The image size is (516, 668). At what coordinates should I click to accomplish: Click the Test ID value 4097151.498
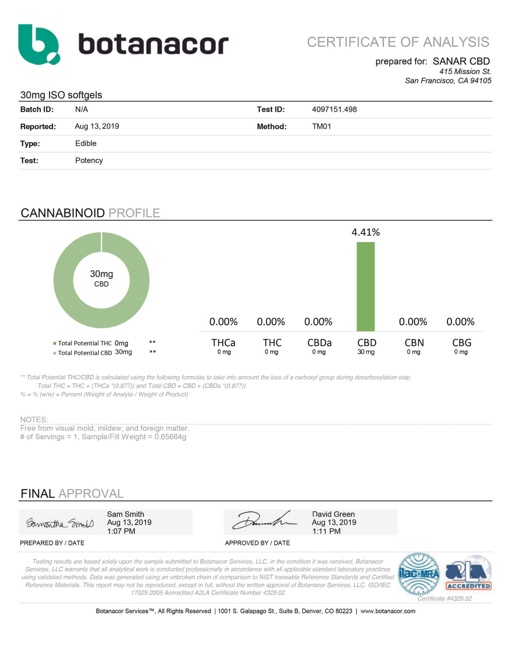(x=334, y=109)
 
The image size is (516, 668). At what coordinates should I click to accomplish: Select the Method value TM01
(x=321, y=126)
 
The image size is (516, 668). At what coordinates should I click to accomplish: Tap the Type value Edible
(x=86, y=143)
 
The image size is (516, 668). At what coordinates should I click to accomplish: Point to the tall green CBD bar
(x=365, y=286)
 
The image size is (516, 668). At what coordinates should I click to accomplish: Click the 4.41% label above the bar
(x=365, y=232)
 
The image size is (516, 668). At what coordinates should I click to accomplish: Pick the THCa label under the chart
(x=223, y=343)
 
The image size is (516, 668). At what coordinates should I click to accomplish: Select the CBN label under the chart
(x=414, y=343)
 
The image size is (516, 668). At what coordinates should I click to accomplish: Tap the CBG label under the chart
(x=461, y=343)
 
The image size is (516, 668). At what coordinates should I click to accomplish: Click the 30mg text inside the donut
(x=101, y=274)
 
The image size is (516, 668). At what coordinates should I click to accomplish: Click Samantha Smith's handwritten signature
(x=60, y=523)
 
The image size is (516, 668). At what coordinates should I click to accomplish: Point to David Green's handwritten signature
(x=265, y=521)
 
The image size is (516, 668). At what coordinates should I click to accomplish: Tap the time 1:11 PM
(x=326, y=531)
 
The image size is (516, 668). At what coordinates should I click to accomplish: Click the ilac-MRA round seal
(x=418, y=574)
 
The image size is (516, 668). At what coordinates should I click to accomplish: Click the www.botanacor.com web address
(x=388, y=611)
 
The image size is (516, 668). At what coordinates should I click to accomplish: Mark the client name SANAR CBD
(x=461, y=61)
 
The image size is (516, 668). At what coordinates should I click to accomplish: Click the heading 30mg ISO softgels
(x=61, y=95)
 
